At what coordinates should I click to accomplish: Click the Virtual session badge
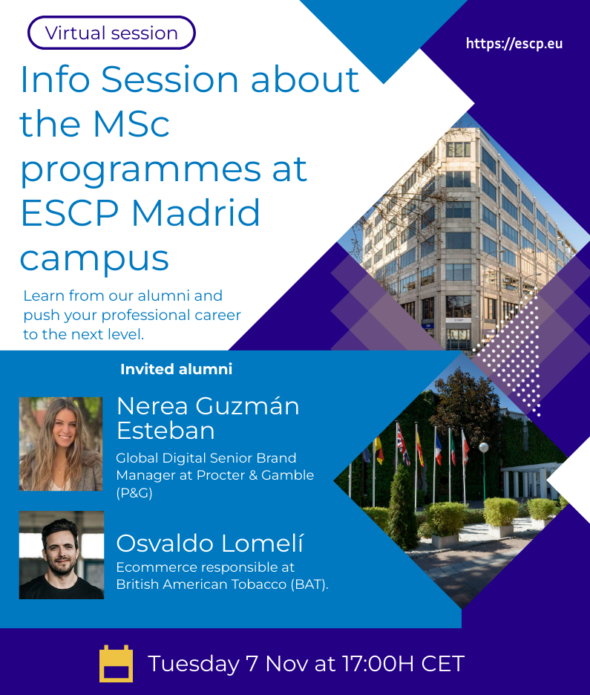click(111, 33)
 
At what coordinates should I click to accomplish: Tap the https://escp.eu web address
click(514, 44)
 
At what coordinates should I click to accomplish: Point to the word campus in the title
click(94, 258)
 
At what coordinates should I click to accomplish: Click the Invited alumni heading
click(176, 369)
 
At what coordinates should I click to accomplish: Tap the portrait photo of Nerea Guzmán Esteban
click(61, 443)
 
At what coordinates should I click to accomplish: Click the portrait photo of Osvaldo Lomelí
click(61, 554)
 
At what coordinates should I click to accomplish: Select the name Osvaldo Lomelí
click(210, 544)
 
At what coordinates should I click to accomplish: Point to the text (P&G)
click(134, 492)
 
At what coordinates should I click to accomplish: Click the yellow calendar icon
click(116, 664)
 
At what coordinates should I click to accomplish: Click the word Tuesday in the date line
click(193, 663)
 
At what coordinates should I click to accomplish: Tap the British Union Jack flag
click(402, 443)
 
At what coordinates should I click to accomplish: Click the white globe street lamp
click(483, 447)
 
